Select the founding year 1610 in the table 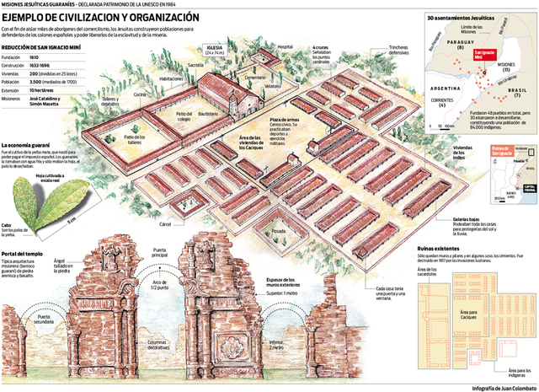click(x=35, y=56)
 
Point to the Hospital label click(x=285, y=47)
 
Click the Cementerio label click(x=255, y=78)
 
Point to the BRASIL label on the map click(x=515, y=90)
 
